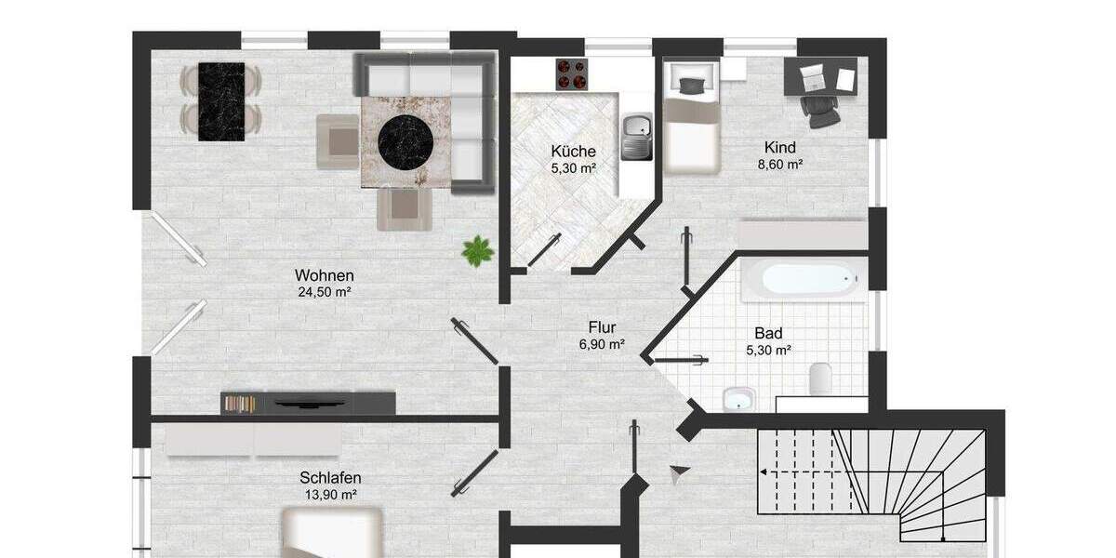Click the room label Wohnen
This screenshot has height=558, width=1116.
[325, 275]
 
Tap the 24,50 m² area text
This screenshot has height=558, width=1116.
[325, 292]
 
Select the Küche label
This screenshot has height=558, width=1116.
[573, 152]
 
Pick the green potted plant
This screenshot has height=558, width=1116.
[478, 250]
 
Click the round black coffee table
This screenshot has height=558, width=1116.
[406, 139]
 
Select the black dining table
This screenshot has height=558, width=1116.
[221, 101]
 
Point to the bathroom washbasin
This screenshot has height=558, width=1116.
[739, 399]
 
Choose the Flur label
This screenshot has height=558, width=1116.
[602, 327]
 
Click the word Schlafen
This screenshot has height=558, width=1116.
[330, 478]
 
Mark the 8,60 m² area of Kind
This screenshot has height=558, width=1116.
[780, 164]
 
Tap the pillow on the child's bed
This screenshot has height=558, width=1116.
[691, 86]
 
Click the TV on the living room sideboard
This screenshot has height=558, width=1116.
[309, 403]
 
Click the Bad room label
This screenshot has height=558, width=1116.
[768, 333]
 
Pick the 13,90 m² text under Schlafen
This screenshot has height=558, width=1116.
[330, 495]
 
